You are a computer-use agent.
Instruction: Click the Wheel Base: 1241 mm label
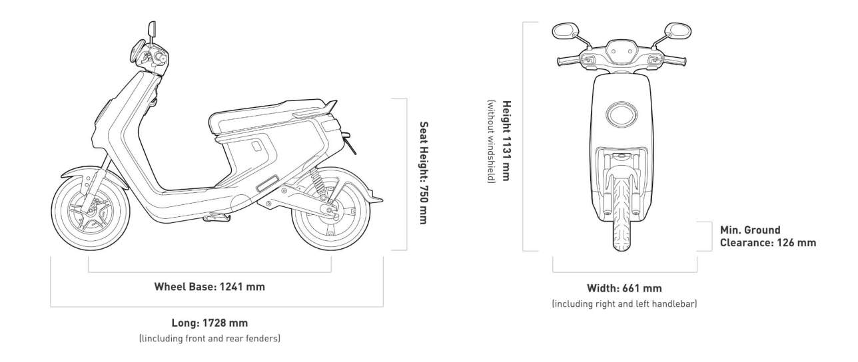click(210, 287)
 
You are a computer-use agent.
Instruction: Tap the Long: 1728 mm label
click(210, 323)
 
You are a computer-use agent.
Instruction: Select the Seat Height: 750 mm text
click(423, 172)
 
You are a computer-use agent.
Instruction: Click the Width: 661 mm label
click(624, 288)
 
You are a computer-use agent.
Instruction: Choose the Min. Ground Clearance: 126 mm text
click(767, 236)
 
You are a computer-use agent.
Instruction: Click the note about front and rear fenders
click(210, 339)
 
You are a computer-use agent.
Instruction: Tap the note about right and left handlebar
click(624, 304)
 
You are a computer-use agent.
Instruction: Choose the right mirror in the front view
click(677, 31)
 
